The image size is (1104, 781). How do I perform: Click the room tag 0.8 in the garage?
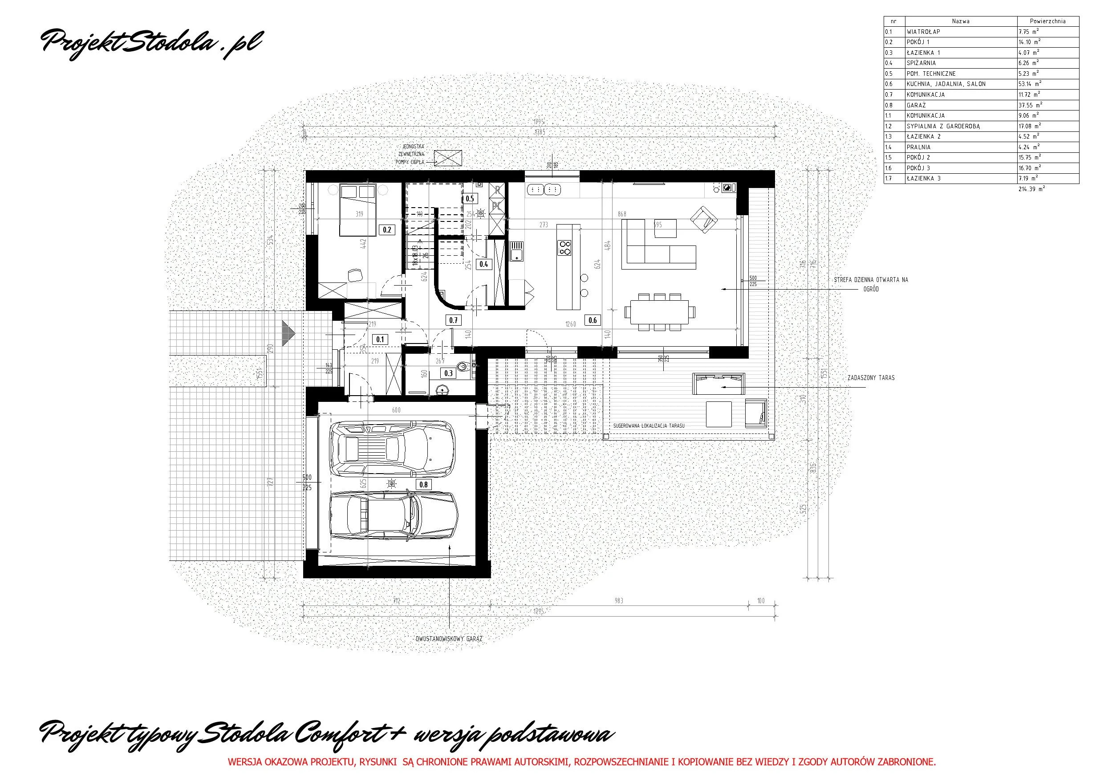(423, 485)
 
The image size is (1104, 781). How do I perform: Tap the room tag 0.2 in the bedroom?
(387, 230)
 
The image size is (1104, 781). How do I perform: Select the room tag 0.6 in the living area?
(593, 320)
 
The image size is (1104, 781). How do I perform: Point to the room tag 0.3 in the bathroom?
(448, 373)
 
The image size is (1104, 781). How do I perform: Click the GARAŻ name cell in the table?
(960, 105)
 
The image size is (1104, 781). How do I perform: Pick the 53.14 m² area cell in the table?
(1047, 84)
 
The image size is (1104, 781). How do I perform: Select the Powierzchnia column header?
(1047, 21)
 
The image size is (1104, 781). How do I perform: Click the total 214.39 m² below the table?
(1031, 189)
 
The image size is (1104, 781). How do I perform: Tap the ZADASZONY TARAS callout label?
(871, 378)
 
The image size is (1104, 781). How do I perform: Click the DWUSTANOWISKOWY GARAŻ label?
(449, 639)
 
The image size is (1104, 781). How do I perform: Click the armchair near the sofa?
(703, 220)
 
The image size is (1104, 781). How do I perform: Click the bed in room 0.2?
(357, 210)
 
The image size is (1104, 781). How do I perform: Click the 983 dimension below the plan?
(619, 601)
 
